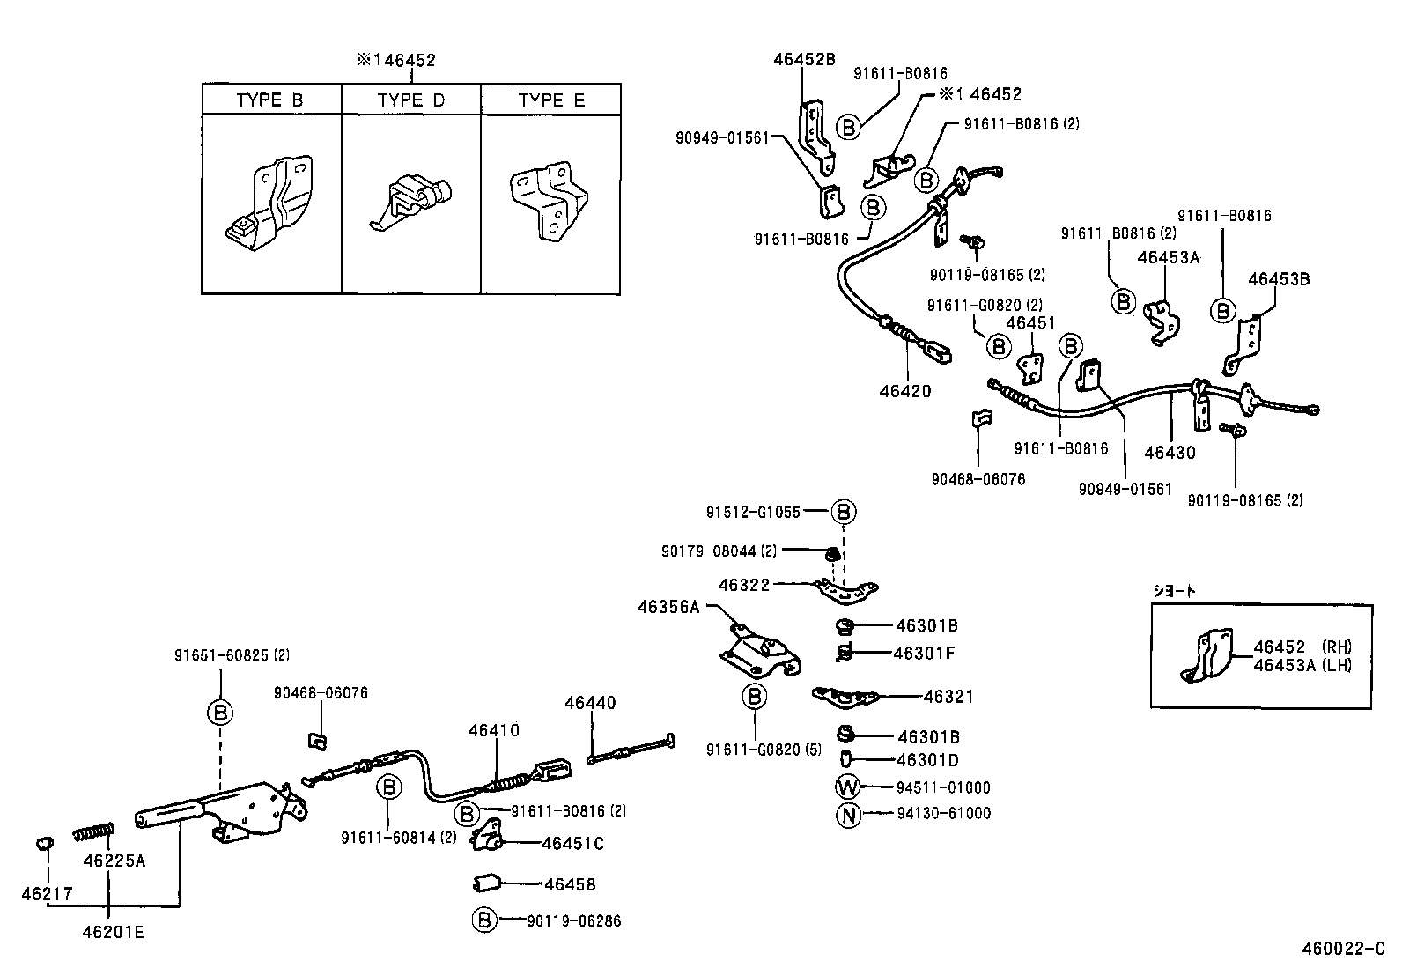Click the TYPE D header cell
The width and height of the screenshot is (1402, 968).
411,100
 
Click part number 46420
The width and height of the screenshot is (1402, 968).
904,390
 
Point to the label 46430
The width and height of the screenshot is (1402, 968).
1170,453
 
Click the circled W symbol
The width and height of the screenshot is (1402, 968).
847,787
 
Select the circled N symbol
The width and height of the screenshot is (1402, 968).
847,815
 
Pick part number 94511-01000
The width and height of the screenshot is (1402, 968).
943,787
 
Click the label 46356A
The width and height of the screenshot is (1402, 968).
668,606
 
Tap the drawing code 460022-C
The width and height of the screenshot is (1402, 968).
1344,950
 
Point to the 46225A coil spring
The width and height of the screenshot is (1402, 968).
93,831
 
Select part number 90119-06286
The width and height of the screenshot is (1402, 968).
574,921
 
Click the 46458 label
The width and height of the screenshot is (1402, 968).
569,884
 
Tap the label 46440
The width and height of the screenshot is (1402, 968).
590,703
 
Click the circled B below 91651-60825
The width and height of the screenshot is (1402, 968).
220,712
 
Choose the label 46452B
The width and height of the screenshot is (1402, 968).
803,60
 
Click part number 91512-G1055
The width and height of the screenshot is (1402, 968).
753,511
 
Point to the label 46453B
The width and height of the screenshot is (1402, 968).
1278,279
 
